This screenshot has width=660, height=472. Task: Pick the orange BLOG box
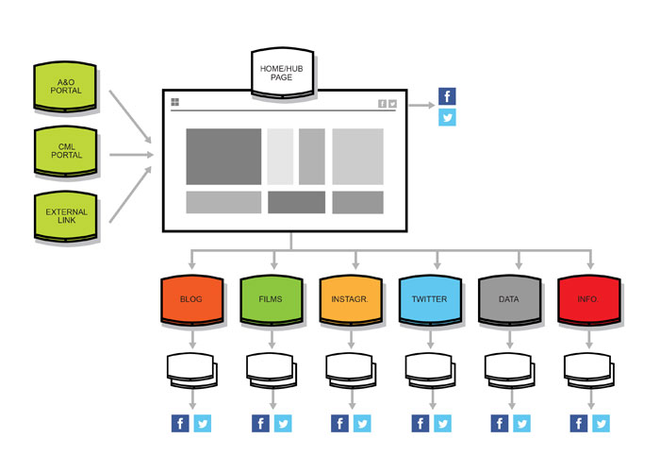click(190, 299)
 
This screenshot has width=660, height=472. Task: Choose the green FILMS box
click(271, 299)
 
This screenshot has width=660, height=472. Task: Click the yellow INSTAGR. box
click(350, 299)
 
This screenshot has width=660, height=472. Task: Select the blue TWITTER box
click(430, 299)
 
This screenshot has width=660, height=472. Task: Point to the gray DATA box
click(509, 299)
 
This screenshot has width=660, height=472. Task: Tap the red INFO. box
click(588, 299)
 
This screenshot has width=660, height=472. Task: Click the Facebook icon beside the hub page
click(447, 96)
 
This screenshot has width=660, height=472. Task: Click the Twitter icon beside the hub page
click(447, 118)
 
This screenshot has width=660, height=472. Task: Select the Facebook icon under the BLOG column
click(180, 424)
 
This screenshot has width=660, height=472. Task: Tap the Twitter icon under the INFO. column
click(600, 424)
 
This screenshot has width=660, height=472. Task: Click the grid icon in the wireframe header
click(175, 103)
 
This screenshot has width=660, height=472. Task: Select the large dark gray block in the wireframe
click(223, 157)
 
